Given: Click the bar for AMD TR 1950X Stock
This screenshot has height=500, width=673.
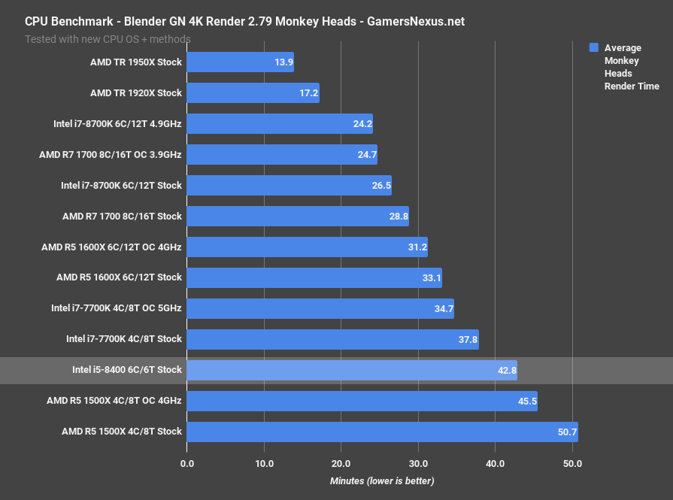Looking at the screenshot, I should click(240, 62).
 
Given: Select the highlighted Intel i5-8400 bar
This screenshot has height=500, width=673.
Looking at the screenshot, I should click(351, 371).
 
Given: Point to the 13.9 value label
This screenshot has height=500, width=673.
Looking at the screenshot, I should click(283, 62).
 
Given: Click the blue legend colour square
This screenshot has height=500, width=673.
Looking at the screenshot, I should click(593, 47).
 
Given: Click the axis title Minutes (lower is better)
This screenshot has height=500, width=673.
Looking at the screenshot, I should click(382, 480).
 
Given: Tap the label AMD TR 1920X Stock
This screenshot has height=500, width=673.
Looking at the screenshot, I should click(136, 93).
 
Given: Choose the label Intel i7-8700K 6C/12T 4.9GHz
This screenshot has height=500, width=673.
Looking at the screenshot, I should click(117, 124).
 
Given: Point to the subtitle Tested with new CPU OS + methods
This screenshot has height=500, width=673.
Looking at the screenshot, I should click(108, 39).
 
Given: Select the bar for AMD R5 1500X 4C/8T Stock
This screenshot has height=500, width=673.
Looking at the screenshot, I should click(381, 432).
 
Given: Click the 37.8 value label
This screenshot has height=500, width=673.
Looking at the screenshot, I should click(467, 340).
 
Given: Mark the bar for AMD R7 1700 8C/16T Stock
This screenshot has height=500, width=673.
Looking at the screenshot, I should click(297, 217).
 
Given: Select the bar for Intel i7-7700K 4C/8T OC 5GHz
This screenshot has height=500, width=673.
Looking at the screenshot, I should click(320, 309).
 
